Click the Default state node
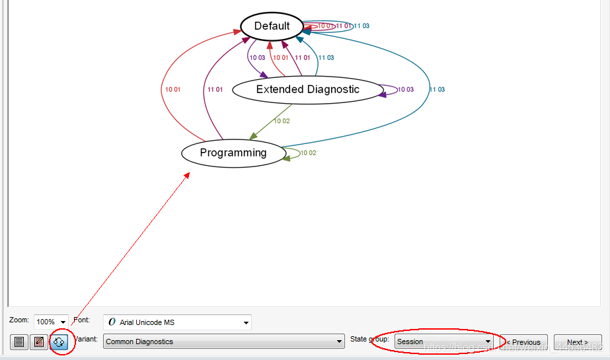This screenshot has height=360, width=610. pos(272,26)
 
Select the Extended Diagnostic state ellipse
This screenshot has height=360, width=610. pos(307,90)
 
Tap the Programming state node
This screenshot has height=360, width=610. pos(233,153)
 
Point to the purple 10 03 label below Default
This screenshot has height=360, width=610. pos(257,57)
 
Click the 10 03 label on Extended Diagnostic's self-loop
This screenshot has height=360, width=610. pos(405,90)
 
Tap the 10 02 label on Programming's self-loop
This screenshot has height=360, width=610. pos(309,153)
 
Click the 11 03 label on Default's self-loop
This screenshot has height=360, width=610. pos(362,26)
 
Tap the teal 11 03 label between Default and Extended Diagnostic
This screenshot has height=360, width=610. pos(326,57)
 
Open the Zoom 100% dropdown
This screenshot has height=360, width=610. pos(52,322)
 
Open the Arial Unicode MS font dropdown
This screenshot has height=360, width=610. pos(177,322)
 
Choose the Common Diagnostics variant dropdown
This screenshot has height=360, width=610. pos(224,342)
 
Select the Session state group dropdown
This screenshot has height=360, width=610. pos(443,342)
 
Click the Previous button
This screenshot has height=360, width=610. pos(523,342)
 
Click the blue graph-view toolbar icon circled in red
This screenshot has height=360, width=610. pos(59,342)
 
